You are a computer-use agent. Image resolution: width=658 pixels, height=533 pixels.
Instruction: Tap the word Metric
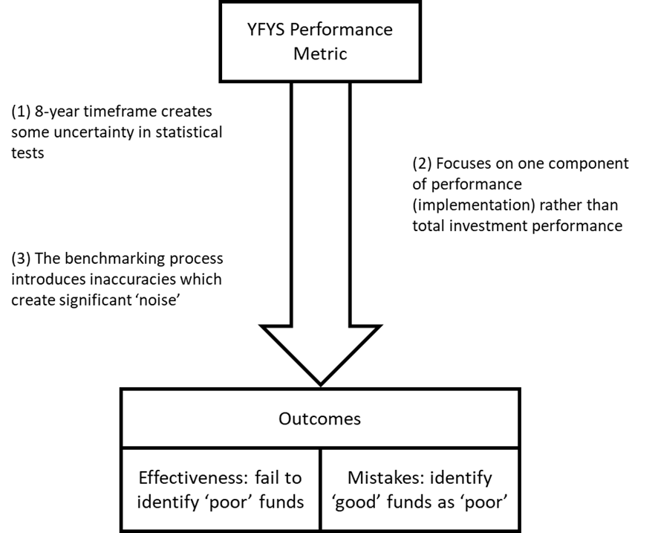pos(320,54)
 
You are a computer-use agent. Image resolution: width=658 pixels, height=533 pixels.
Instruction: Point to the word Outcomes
pos(319,419)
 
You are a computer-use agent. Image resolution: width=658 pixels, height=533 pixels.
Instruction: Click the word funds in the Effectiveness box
pos(281,502)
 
